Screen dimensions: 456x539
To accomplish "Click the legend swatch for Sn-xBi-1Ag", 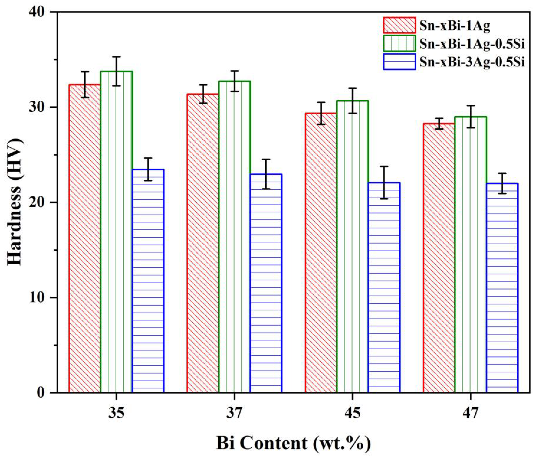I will click(399, 25).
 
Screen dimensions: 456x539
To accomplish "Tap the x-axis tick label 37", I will click(234, 413).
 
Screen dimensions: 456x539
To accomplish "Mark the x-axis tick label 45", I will click(352, 413).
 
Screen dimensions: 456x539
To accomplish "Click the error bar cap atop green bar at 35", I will click(116, 57).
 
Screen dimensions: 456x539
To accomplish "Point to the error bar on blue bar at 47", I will click(502, 183).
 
